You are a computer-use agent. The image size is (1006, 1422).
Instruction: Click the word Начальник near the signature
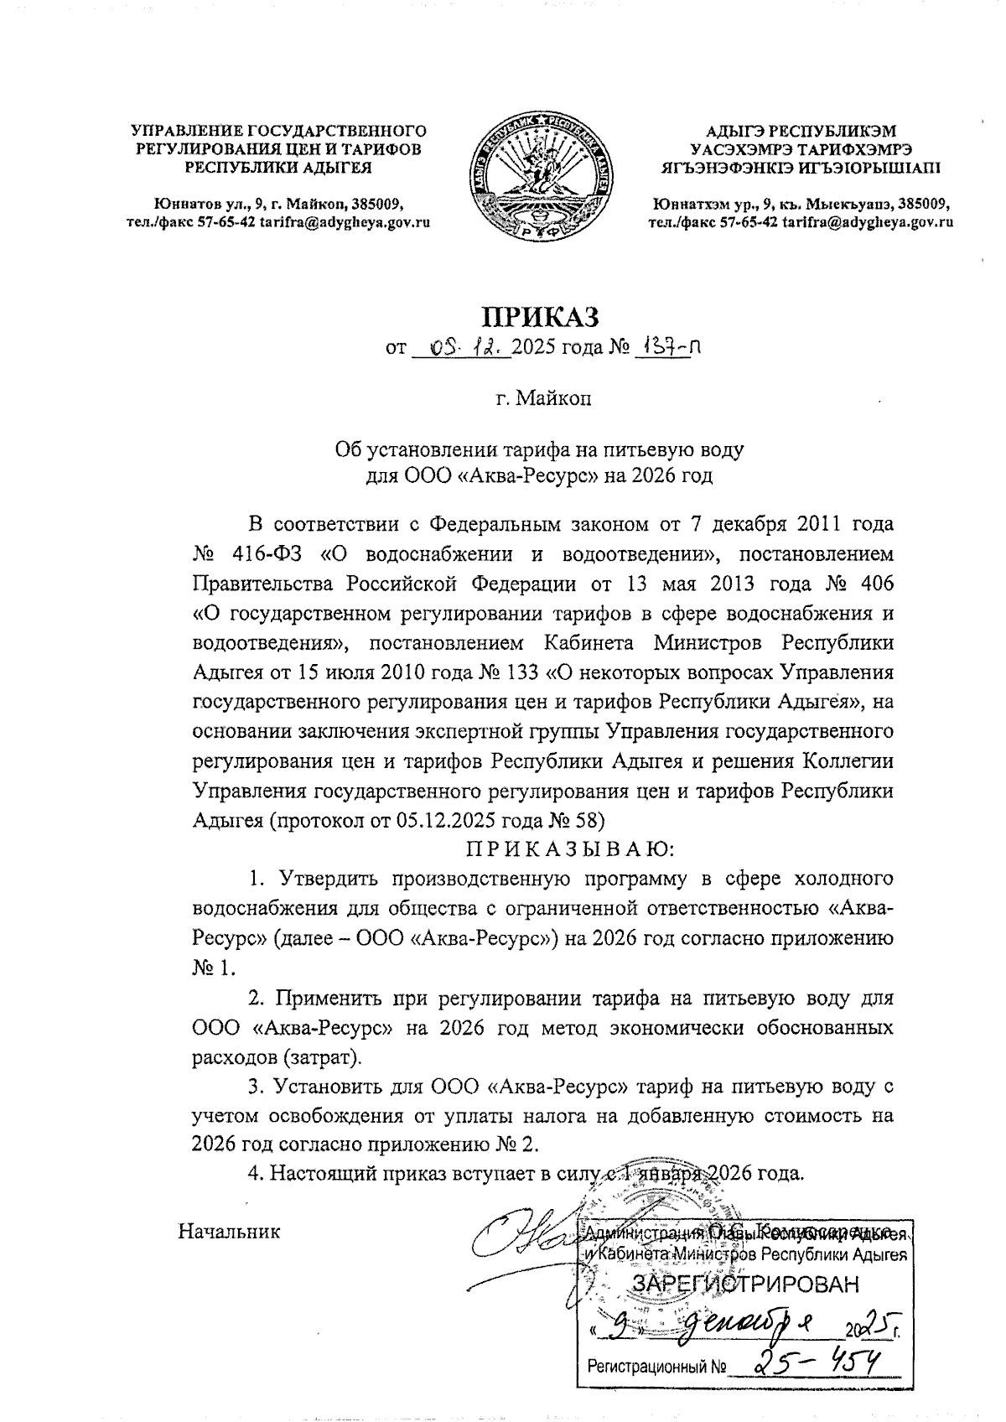point(229,1231)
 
